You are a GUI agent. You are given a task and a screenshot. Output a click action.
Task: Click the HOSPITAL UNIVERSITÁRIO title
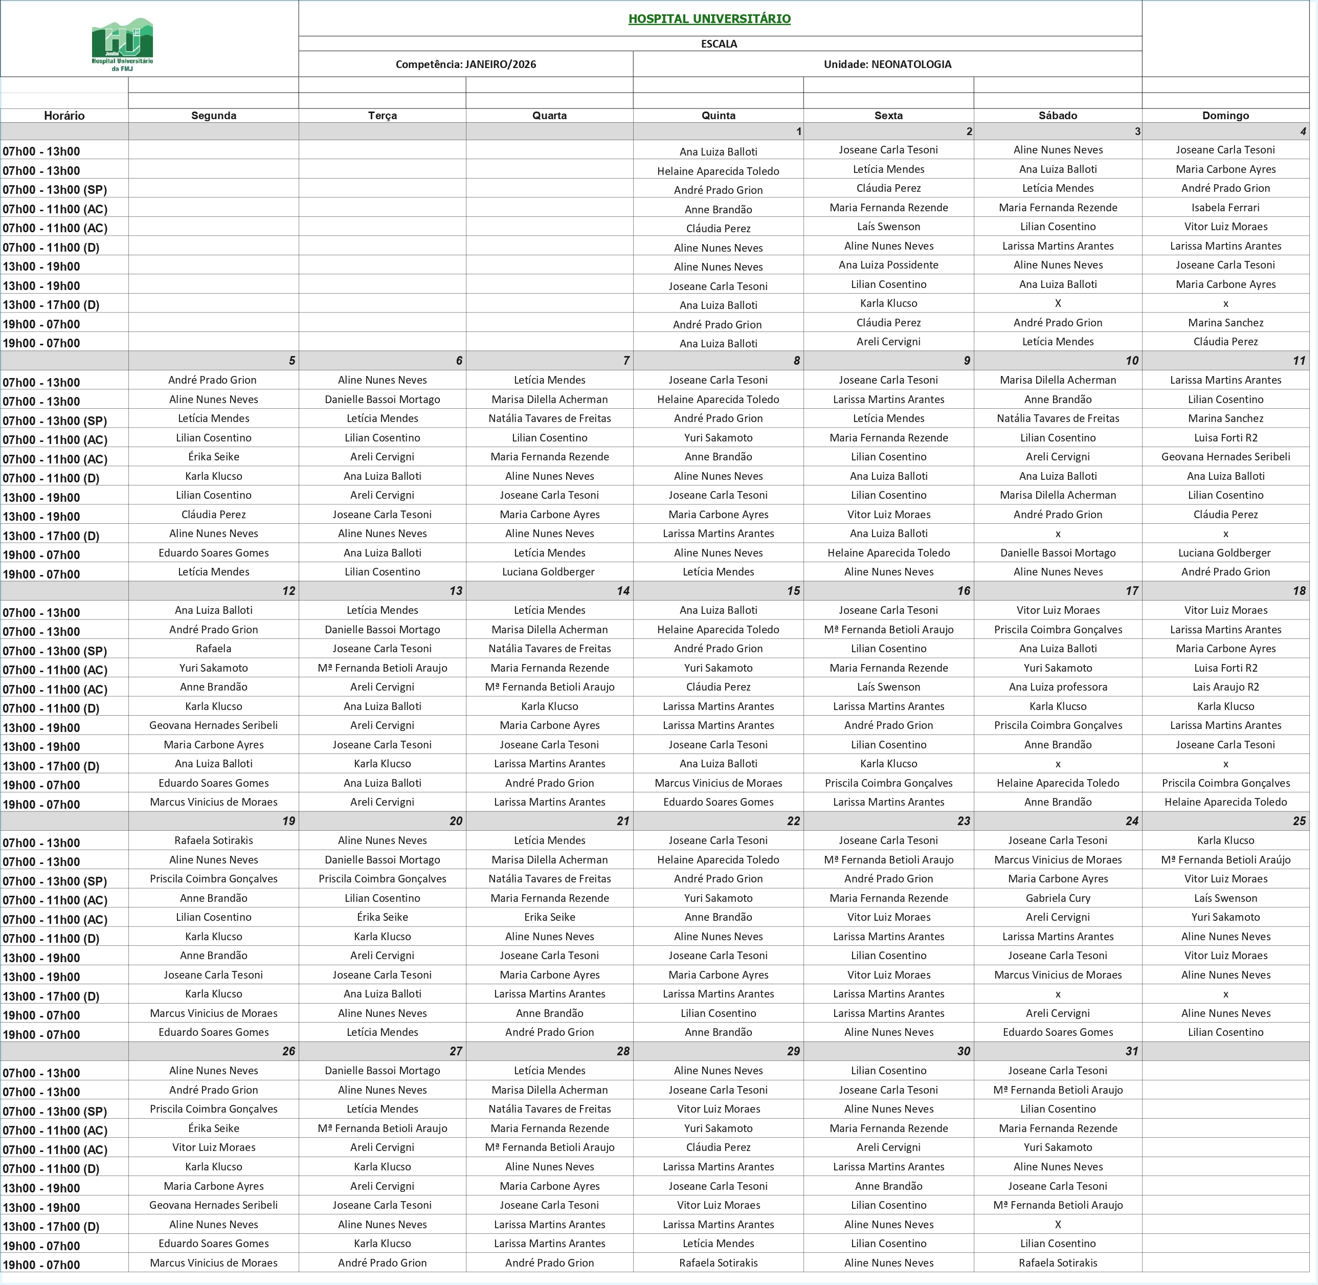pos(709,19)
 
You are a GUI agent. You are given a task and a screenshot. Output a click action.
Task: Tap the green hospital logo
pos(122,45)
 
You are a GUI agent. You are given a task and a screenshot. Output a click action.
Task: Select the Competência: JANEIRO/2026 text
pos(465,64)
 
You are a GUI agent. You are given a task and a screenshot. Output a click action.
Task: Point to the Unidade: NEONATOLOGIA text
pos(887,64)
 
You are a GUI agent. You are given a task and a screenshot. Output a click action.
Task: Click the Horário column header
pos(64,116)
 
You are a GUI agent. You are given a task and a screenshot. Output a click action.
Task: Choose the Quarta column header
pos(549,116)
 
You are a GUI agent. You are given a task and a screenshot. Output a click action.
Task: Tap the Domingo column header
pos(1225,116)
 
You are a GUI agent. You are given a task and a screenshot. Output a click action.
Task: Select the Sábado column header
pos(1058,116)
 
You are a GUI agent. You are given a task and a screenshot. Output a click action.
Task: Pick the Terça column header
pos(382,116)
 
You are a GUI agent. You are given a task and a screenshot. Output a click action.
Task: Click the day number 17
pos(1132,590)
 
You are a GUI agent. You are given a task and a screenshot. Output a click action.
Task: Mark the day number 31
pos(1132,1051)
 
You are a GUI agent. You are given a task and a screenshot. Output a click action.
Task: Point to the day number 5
pos(292,361)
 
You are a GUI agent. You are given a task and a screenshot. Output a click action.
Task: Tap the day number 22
pos(793,821)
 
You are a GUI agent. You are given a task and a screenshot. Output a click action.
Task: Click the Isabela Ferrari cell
pos(1225,207)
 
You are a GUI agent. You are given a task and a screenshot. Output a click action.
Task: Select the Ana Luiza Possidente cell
pos(888,264)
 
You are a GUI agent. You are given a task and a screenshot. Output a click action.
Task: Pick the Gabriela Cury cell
pos(1058,898)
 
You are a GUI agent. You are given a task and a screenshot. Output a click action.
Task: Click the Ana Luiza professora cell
pos(1058,686)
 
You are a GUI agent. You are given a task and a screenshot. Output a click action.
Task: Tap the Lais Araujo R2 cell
pos(1225,686)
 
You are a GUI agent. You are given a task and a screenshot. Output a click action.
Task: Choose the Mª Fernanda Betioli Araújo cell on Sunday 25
pos(1225,859)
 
